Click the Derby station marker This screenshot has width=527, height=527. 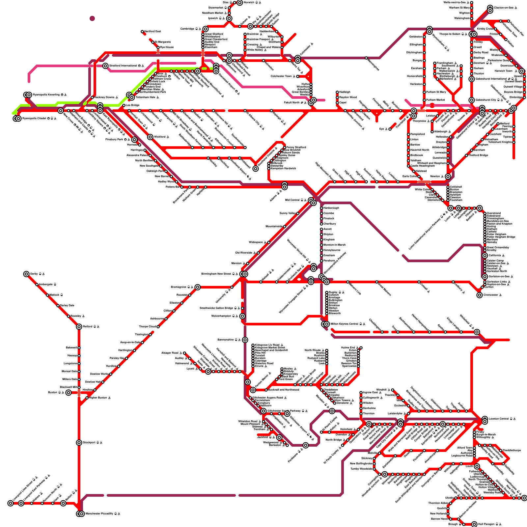[26, 274]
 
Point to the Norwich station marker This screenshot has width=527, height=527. [240, 3]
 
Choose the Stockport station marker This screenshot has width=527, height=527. [79, 443]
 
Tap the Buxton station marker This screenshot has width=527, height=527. [68, 393]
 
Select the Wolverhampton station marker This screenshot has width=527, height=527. [242, 316]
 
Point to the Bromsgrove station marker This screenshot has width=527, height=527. [197, 287]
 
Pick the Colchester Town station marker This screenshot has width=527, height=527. [298, 76]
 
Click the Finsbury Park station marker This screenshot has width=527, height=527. [134, 140]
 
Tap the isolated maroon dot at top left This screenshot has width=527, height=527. [92, 18]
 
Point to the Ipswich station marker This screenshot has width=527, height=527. [229, 18]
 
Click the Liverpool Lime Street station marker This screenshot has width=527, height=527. [11, 503]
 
